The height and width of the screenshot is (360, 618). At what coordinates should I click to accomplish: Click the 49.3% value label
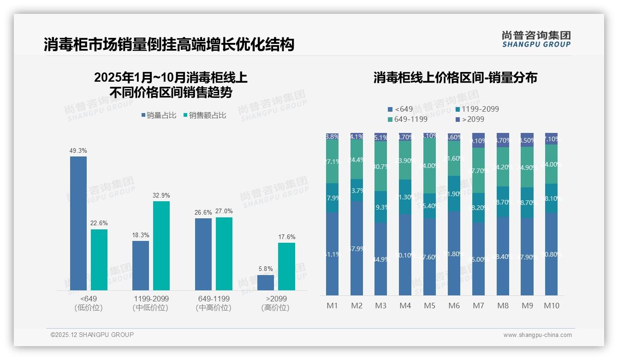pos(78,151)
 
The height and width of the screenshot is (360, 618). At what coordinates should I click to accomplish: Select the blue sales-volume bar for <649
pos(78,223)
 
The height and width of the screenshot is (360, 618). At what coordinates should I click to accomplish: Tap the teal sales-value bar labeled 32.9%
pos(161,246)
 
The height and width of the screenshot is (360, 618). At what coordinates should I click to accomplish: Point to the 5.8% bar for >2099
pos(266,282)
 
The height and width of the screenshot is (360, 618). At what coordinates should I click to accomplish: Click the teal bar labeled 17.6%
pos(286,266)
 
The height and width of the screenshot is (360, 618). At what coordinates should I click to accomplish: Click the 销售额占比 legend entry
pos(205,115)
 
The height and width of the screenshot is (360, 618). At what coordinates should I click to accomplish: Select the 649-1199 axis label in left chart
pos(214,299)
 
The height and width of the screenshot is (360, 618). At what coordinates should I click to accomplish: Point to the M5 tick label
pos(429,306)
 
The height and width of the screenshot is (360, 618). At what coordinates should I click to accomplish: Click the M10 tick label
pos(551,306)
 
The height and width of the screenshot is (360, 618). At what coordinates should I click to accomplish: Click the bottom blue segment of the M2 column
pos(357,248)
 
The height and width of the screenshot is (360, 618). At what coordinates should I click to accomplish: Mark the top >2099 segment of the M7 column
pos(478,140)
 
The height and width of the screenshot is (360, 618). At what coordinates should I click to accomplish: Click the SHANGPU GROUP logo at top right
pos(536,39)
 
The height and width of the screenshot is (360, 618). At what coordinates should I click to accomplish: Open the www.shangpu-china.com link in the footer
pos(537,335)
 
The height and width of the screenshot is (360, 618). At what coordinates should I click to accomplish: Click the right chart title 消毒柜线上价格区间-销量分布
pos(455,78)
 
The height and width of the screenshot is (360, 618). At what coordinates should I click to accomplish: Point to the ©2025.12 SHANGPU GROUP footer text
pos(92,335)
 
